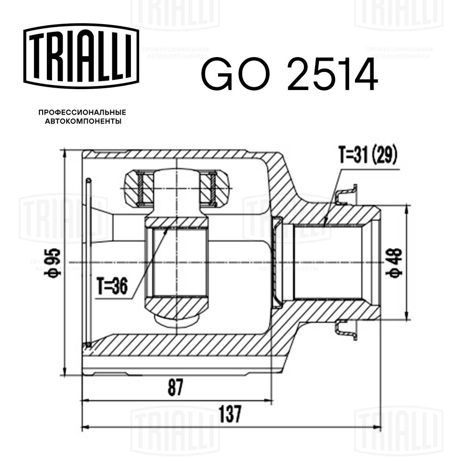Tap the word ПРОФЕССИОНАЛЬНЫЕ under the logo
[82, 113]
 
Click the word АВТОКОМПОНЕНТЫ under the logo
[82, 122]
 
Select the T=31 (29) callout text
[367, 156]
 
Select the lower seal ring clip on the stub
[346, 329]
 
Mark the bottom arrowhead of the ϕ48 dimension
[407, 317]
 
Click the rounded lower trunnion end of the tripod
[176, 320]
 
